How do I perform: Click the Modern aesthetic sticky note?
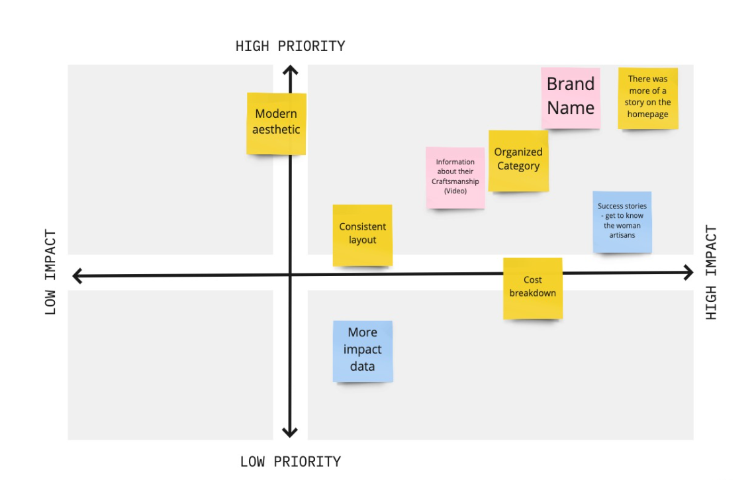tap(276, 123)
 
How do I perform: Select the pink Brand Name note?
tap(570, 97)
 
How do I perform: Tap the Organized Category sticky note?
tap(518, 160)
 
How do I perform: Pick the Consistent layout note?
tap(362, 234)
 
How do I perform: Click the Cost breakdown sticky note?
tap(532, 288)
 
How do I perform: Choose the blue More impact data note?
tap(362, 351)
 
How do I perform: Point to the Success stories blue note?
tap(622, 222)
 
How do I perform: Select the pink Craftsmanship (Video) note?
tap(455, 177)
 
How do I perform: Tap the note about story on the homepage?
tap(647, 98)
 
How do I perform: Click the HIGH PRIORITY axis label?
tap(290, 46)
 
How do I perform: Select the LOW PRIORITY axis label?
tap(290, 461)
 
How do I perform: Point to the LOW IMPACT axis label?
tap(51, 272)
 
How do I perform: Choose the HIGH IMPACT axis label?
tap(711, 272)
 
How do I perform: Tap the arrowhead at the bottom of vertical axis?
tap(289, 432)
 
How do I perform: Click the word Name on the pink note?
tap(571, 108)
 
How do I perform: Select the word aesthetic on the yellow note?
tap(276, 130)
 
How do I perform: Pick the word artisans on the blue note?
tap(622, 235)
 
